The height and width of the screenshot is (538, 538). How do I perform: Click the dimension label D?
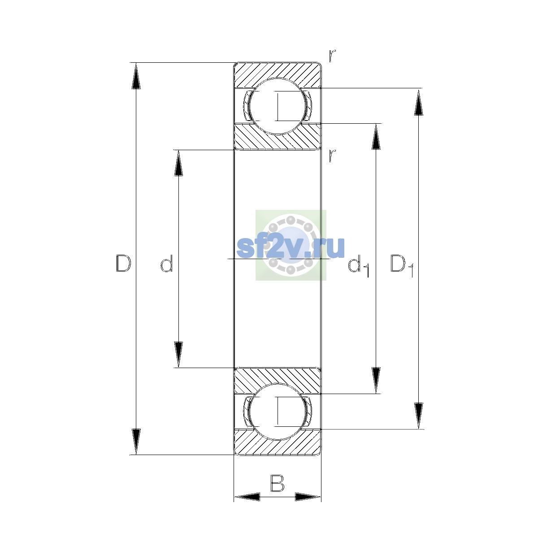point(123,263)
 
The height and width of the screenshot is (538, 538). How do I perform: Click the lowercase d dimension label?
point(166,263)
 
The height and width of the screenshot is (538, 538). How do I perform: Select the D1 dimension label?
point(401,265)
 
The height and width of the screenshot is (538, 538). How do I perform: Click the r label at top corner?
point(332,56)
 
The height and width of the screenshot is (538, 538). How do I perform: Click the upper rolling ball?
point(277,106)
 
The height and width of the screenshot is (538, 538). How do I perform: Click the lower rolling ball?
point(277,412)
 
